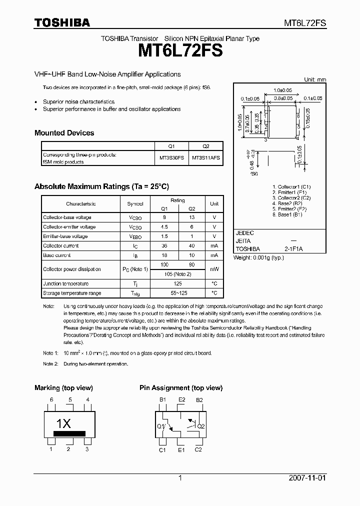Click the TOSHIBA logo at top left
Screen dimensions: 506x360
[x=62, y=22]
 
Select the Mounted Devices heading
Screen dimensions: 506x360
[x=64, y=133]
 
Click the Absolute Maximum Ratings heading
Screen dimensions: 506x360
[x=101, y=186]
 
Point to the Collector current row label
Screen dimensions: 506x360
[x=60, y=245]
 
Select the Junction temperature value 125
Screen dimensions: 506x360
[x=177, y=283]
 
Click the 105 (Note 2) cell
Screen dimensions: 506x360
[x=177, y=274]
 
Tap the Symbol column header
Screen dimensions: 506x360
[x=135, y=203]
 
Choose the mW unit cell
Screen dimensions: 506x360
[x=214, y=269]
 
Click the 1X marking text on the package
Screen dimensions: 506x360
[x=63, y=423]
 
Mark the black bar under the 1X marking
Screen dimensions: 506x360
[x=69, y=433]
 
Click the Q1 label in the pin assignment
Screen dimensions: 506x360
[x=161, y=426]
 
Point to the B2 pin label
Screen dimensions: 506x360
[x=199, y=400]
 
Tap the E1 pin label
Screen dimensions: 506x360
[x=181, y=450]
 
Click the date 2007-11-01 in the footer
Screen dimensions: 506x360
[x=307, y=478]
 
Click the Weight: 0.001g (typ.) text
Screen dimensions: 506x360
[x=258, y=257]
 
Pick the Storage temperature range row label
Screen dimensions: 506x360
[x=72, y=293]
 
